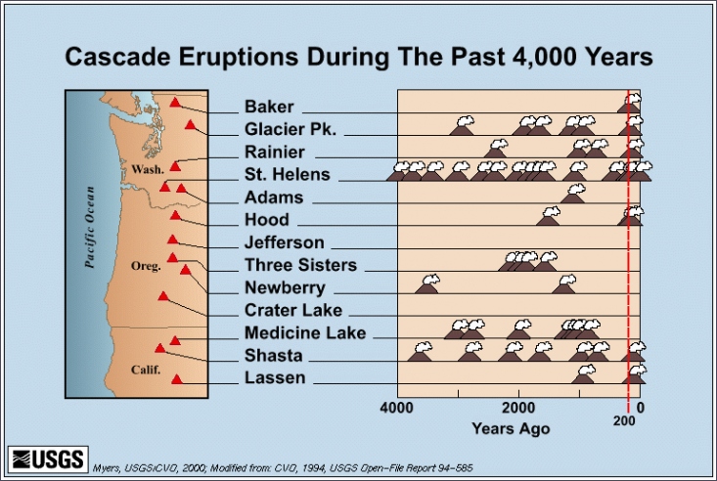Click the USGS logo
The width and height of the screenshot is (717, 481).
coord(48,459)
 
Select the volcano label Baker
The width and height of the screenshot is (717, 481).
coord(269,107)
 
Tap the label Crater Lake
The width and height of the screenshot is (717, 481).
coord(293,310)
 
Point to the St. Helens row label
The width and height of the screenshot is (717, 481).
coord(288,174)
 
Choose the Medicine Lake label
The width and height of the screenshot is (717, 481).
coord(305,332)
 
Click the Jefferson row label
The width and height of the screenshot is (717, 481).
coord(284,242)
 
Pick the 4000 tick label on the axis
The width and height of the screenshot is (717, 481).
coord(396,408)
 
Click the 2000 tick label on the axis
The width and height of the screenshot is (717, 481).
coord(518,408)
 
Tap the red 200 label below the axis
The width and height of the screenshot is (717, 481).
coord(624,420)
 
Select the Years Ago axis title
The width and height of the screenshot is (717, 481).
coord(511,429)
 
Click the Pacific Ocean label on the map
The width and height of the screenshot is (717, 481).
coord(90,227)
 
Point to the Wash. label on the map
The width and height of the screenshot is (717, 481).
coord(148,170)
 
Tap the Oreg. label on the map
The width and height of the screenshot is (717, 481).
coord(146,266)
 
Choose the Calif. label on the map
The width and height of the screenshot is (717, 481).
coord(146,370)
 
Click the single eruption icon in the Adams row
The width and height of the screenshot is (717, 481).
coord(573,194)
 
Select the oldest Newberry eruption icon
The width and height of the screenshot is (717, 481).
coord(427,284)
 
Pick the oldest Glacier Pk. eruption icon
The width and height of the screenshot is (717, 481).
coord(462,126)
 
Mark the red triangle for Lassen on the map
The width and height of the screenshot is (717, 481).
coord(176,379)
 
